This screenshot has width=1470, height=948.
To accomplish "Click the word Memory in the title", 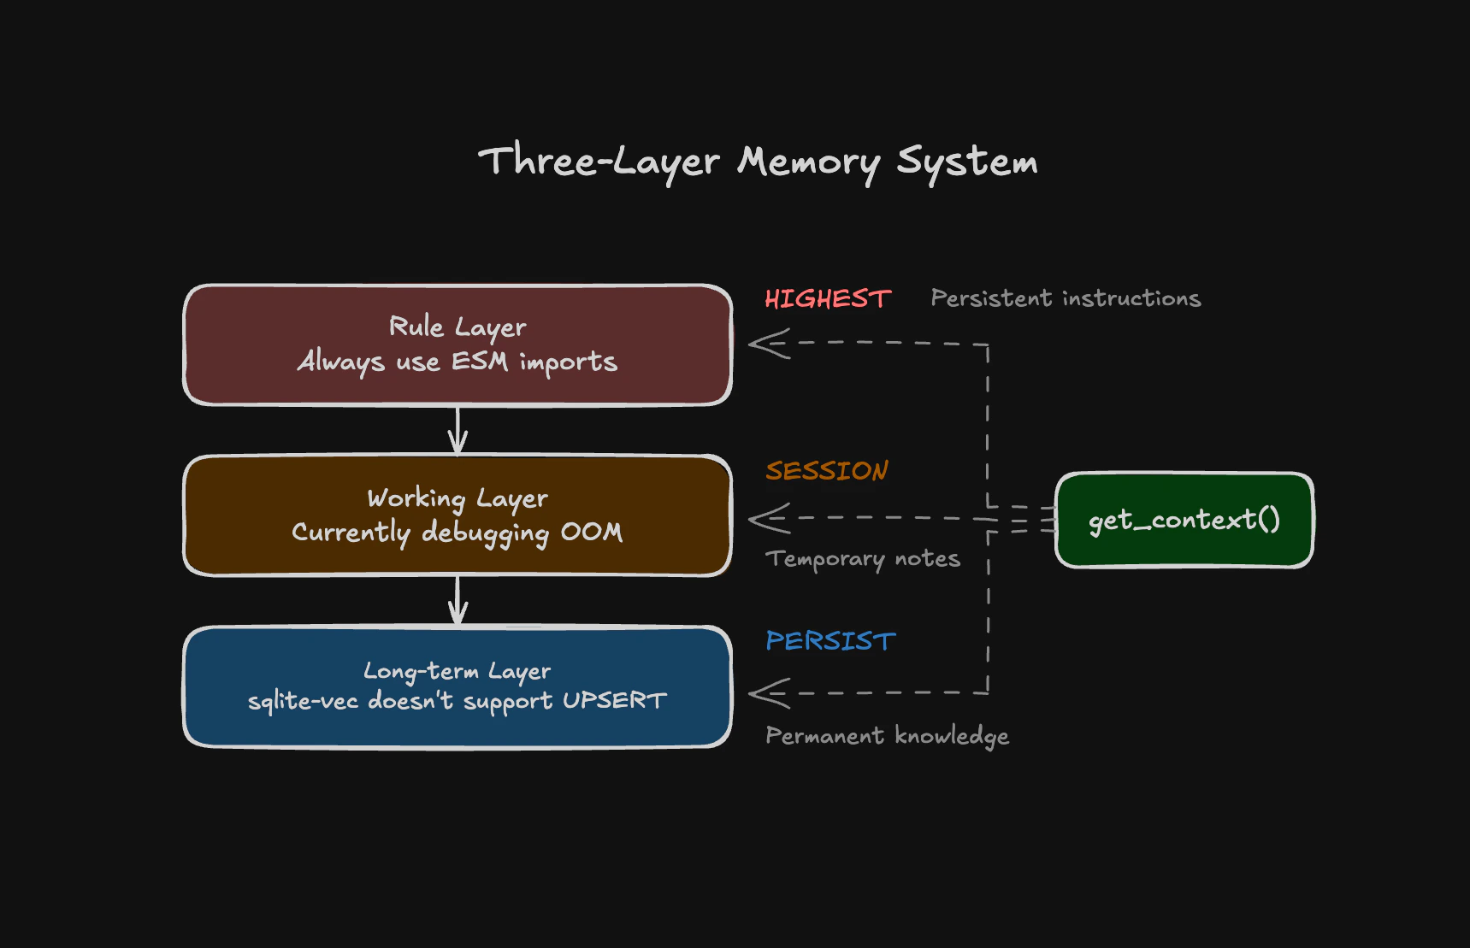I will pos(809,162).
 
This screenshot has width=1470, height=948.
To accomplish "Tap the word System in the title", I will pos(967,162).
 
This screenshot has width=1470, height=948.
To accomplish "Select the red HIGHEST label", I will pos(828,298).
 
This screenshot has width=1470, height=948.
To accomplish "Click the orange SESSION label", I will pos(827,470).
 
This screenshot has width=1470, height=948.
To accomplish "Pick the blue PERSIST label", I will pos(830,640).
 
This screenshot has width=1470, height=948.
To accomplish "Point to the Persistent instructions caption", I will pos(1066,298).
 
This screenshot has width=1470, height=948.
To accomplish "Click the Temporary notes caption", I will pos(862,558).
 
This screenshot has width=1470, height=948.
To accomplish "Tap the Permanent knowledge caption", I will pos(887,735).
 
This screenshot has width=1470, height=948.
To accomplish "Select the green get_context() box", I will pos(1184,520).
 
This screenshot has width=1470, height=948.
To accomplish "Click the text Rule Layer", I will pos(458,327).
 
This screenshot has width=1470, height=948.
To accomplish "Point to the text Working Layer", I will pos(458,498).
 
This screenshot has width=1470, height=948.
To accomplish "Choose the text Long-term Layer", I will pos(458,670).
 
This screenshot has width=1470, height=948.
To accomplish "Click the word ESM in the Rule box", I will pos(480,362).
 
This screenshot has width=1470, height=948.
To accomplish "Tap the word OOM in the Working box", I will pos(592,532).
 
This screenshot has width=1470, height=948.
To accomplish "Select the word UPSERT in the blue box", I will pos(614,701).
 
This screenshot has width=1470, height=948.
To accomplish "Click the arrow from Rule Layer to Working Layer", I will pos(458,430).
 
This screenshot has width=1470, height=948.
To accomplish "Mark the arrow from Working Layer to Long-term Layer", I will pos(458,601).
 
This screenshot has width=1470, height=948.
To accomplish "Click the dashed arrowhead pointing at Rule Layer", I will pos(767,344).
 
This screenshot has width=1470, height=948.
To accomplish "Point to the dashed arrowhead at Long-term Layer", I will pos(767,692).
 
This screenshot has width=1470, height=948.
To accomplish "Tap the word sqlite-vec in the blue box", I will pos(303,702).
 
